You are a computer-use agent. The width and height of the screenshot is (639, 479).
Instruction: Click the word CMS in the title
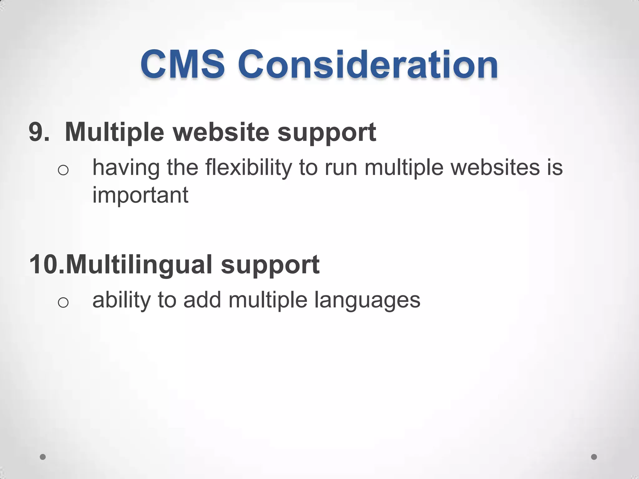pyautogui.click(x=183, y=65)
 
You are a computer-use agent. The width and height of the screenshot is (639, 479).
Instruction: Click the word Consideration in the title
pyautogui.click(x=368, y=65)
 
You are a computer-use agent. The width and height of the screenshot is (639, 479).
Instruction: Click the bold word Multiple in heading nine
pyautogui.click(x=114, y=132)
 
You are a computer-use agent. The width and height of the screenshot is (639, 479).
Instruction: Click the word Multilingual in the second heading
pyautogui.click(x=139, y=265)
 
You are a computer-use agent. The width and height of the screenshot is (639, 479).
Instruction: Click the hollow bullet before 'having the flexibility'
pyautogui.click(x=63, y=170)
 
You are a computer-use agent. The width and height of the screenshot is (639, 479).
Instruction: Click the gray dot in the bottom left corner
pyautogui.click(x=43, y=457)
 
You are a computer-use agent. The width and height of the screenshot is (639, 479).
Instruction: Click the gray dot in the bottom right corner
pyautogui.click(x=594, y=457)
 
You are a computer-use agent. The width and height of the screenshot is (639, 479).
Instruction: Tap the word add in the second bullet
pyautogui.click(x=202, y=300)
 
